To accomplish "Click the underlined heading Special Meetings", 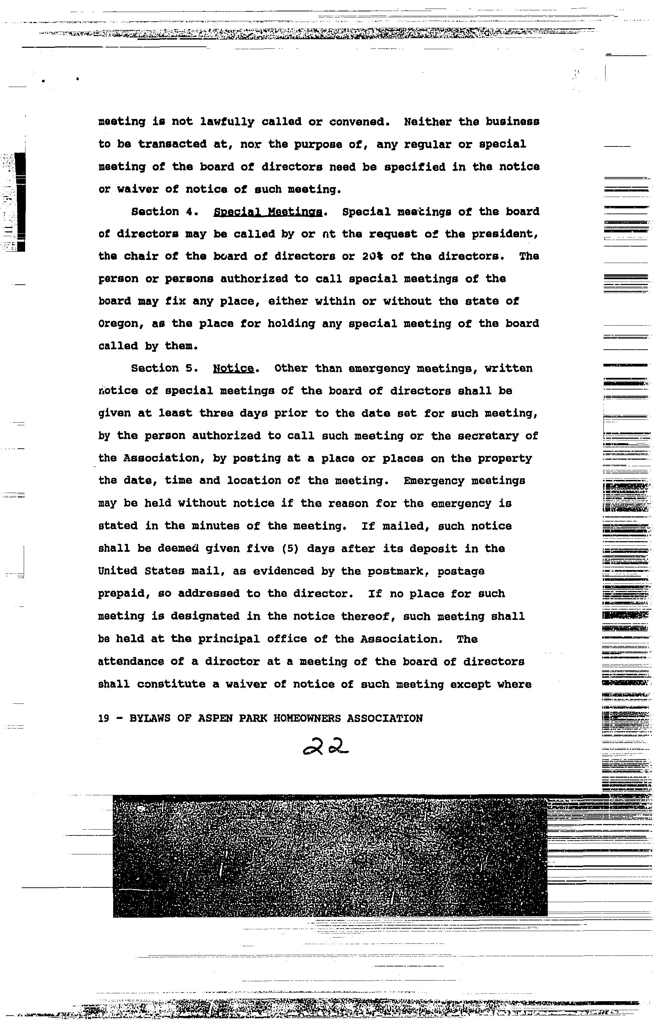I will tap(267, 212).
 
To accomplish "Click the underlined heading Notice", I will tap(233, 369).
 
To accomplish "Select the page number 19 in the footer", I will tap(103, 719).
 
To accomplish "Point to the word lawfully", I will tap(227, 122).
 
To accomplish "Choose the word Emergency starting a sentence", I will tap(434, 481).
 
